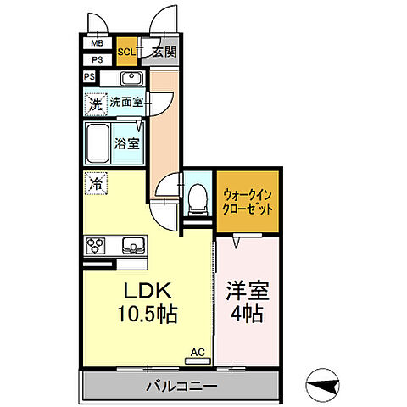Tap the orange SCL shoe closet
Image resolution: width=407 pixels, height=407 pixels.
point(126,51)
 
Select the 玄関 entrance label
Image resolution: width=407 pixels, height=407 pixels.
point(164,52)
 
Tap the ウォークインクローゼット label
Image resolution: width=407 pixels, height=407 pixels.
point(246,202)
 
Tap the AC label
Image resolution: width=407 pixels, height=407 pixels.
point(197,352)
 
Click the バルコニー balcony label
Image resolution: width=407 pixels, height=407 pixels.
point(181,386)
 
